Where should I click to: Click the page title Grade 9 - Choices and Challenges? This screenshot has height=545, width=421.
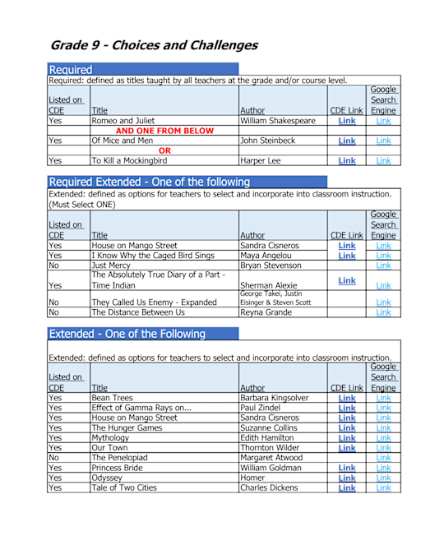click(x=154, y=46)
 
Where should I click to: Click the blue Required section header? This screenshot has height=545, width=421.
click(x=71, y=70)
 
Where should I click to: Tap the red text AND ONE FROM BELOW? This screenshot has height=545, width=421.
click(x=164, y=131)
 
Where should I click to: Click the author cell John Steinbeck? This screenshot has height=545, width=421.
click(x=272, y=141)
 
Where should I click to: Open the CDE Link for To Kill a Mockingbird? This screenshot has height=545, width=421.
click(x=347, y=161)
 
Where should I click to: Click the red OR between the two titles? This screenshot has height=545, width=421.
click(x=164, y=150)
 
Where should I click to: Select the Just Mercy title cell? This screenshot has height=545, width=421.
click(x=110, y=266)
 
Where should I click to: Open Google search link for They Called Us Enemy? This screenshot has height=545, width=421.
click(x=383, y=303)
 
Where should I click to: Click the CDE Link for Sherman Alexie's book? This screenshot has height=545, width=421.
click(x=347, y=280)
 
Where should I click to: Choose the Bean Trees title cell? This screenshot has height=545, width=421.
click(x=113, y=398)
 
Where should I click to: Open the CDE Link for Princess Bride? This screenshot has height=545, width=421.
click(x=347, y=468)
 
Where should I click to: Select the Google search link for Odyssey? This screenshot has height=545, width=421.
click(x=383, y=478)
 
